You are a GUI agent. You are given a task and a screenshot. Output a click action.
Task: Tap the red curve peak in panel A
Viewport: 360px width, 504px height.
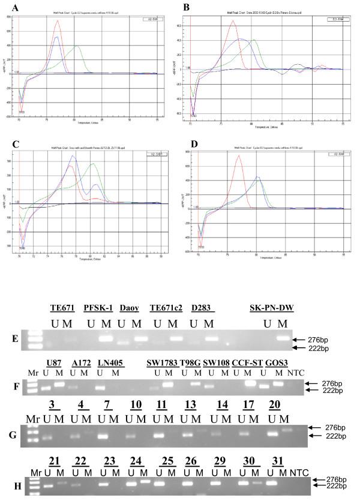[x=58, y=21]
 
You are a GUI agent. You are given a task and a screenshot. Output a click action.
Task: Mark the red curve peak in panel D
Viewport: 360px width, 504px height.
[x=238, y=156]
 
